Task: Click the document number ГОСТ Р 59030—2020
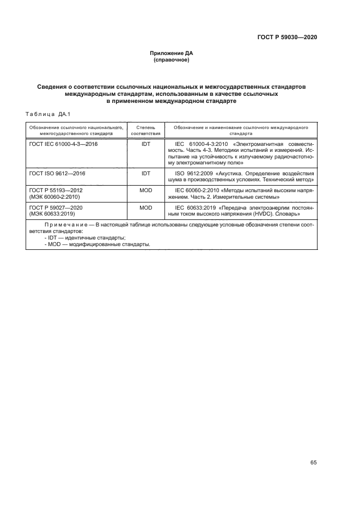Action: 286,38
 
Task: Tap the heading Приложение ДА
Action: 172,53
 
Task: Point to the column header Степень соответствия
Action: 145,130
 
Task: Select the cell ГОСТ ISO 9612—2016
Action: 57,173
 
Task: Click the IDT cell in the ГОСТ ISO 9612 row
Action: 145,173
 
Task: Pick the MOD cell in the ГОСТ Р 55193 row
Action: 145,190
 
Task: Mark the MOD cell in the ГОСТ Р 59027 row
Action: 145,207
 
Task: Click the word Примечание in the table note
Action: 65,225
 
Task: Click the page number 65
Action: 313,463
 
